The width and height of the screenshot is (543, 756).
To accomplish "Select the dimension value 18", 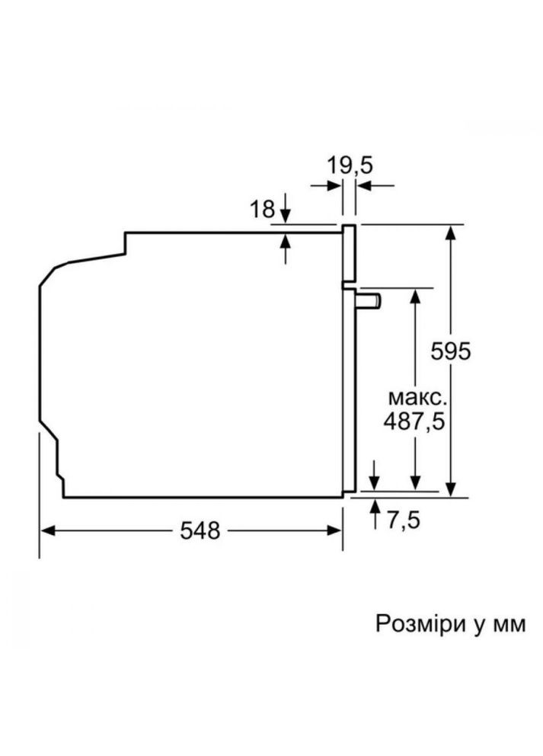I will [x=262, y=210].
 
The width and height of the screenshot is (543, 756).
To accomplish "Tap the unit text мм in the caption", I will [x=508, y=625].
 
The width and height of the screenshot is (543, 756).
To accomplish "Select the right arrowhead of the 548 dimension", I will [x=336, y=530].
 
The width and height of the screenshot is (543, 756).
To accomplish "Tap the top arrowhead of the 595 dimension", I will [x=452, y=232].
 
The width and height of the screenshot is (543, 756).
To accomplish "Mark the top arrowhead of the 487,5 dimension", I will [x=415, y=296].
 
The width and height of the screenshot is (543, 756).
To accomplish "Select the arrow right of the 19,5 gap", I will [x=365, y=185].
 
